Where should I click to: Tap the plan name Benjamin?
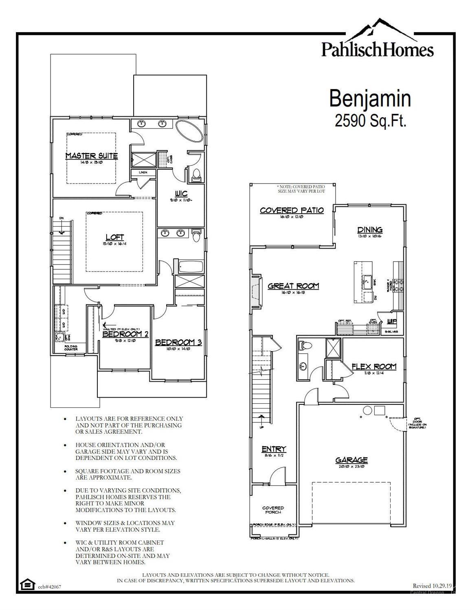click(370, 98)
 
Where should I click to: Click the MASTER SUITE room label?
click(92, 156)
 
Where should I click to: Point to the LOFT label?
click(114, 237)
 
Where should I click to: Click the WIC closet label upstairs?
click(181, 194)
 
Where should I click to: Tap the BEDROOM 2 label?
click(125, 334)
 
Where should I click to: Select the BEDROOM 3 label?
click(178, 343)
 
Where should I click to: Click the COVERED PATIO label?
click(292, 210)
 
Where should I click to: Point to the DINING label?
click(370, 230)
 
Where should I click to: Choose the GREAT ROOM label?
click(293, 286)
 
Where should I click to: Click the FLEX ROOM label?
click(374, 367)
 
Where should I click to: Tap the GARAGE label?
click(351, 460)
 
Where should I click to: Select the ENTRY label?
click(274, 449)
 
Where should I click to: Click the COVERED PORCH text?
click(273, 509)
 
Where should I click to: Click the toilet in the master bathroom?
click(196, 175)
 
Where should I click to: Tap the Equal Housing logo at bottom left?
click(27, 585)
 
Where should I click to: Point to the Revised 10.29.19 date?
click(432, 586)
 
